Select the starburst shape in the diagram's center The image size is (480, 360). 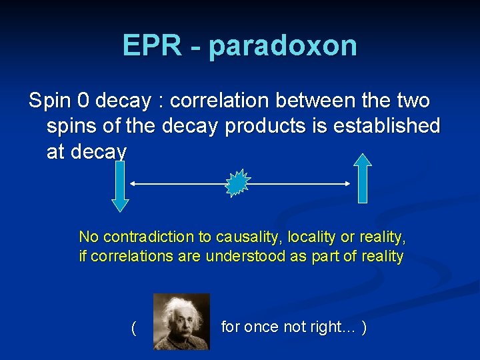tap(237, 183)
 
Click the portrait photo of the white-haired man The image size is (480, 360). tap(181, 321)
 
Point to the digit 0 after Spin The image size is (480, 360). tap(83, 101)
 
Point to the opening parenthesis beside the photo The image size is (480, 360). tap(134, 327)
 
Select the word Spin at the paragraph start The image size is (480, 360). tap(48, 101)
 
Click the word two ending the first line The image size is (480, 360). tap(412, 101)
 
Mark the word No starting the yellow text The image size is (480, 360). tap(89, 237)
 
